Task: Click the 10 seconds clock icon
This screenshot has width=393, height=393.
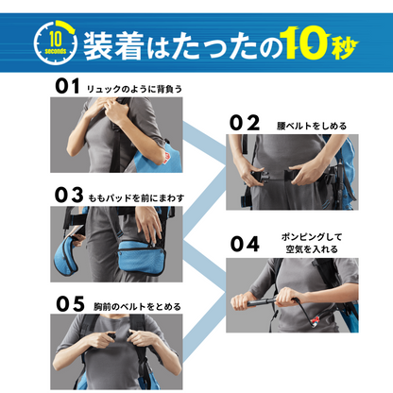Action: [56, 42]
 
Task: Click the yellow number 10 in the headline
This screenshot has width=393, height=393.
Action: [304, 43]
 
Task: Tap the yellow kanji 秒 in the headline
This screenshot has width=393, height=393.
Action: [344, 47]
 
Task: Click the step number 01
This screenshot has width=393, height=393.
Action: [67, 86]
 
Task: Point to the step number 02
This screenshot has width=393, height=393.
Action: [245, 123]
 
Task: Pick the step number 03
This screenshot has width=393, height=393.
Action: [69, 195]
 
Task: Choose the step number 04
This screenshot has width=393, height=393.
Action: [245, 244]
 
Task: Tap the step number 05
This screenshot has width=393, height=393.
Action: [70, 304]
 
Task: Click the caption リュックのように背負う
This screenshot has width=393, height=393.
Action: [134, 89]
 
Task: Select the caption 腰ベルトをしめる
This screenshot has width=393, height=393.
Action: [312, 126]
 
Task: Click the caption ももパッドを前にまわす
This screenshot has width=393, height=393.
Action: [136, 198]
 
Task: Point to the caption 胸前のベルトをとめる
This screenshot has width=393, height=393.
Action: [137, 306]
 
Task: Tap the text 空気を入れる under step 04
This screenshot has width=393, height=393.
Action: [312, 249]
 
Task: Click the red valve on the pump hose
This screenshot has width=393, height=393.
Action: [314, 320]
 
